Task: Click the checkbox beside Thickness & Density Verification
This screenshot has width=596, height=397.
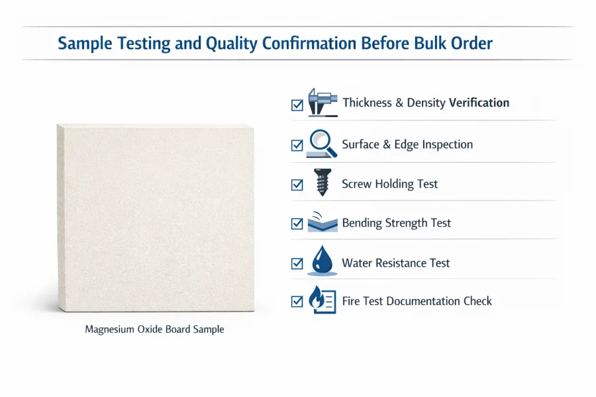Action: pyautogui.click(x=297, y=105)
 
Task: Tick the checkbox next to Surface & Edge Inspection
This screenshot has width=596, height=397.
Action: pyautogui.click(x=297, y=145)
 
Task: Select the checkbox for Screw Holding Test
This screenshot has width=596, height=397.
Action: pyautogui.click(x=297, y=185)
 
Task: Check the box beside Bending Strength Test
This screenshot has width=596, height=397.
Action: pyautogui.click(x=297, y=224)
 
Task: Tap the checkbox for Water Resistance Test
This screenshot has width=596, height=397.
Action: pyautogui.click(x=297, y=263)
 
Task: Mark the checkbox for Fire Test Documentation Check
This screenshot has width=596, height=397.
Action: pyautogui.click(x=297, y=302)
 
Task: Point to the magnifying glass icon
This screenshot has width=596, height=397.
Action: pyautogui.click(x=323, y=143)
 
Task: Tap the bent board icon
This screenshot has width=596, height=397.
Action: pyautogui.click(x=323, y=222)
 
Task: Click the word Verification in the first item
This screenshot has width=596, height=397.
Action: pyautogui.click(x=479, y=103)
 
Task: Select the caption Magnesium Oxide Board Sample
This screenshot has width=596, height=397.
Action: pyautogui.click(x=154, y=329)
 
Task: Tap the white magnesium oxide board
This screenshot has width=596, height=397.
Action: pyautogui.click(x=155, y=218)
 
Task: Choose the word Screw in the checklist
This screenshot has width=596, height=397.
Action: pyautogui.click(x=357, y=184)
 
